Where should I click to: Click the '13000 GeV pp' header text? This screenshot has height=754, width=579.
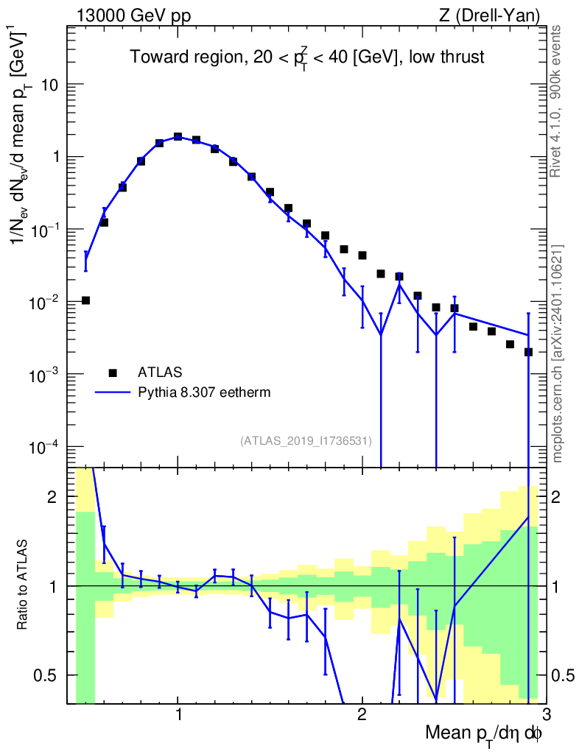pos(133,16)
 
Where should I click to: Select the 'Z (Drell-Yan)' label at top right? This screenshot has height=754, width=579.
pos(489,16)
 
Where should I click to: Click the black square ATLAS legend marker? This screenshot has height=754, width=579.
pos(113,372)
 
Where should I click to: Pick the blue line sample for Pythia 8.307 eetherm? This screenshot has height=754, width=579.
pos(113,392)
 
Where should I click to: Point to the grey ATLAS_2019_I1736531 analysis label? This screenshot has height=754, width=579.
pos(306,440)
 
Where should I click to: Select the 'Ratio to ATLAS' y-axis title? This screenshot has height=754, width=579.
pos(21,584)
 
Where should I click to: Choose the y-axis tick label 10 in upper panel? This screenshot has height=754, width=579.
pos(50,85)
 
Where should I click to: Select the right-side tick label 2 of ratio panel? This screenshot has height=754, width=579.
pos(556,497)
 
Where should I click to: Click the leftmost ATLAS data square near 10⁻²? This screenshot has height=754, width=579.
pos(85,300)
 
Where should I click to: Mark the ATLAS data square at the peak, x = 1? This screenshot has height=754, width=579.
pos(178,136)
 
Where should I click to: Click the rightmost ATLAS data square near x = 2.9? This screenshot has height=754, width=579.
pos(528,352)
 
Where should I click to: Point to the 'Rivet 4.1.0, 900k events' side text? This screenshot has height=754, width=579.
pos(555,102)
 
